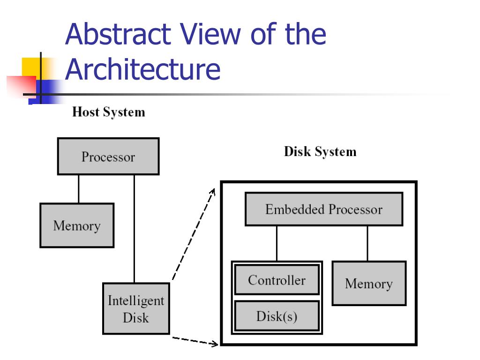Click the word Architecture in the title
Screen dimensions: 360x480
[x=142, y=69]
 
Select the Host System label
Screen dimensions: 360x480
[x=108, y=112]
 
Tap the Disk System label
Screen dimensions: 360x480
[x=320, y=152]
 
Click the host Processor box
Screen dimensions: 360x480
[x=108, y=157]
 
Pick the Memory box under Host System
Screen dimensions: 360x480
[x=77, y=225]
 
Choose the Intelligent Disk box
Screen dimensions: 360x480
[x=136, y=309]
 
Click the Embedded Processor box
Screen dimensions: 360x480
[x=324, y=209]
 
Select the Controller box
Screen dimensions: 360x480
[x=277, y=280]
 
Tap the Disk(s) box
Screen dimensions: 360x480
[x=277, y=316]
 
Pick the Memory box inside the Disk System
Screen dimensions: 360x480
[x=368, y=284]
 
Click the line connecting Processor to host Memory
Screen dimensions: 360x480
[x=78, y=189]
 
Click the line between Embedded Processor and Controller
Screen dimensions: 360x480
[x=277, y=243]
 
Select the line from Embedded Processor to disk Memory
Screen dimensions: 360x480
[x=367, y=243]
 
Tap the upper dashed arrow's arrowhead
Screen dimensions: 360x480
[x=213, y=191]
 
